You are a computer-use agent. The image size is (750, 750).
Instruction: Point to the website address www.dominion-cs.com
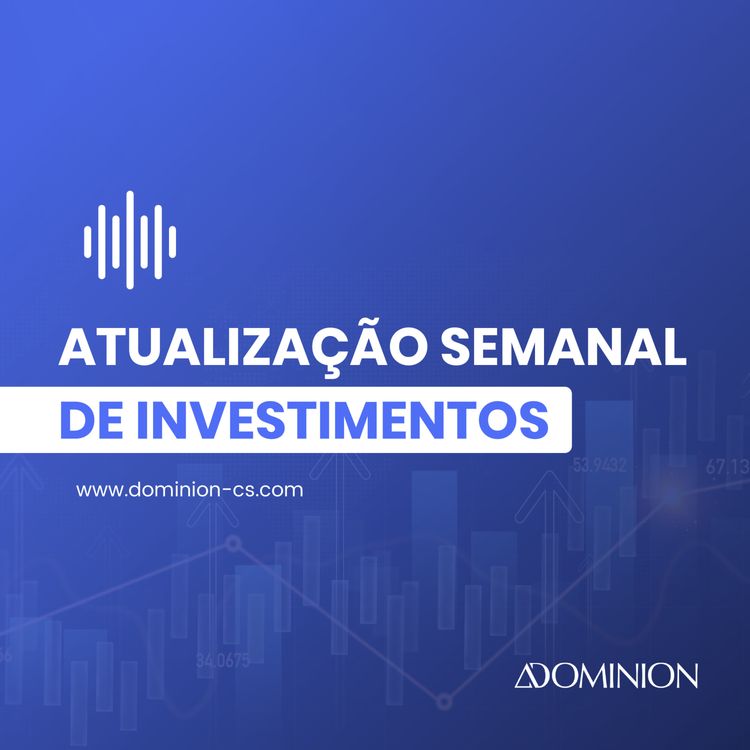(x=189, y=491)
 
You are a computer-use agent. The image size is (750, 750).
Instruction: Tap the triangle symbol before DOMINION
(x=526, y=677)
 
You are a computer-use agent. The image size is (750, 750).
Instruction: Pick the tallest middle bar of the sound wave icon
(x=130, y=240)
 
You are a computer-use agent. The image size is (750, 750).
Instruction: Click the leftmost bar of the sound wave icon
(x=87, y=240)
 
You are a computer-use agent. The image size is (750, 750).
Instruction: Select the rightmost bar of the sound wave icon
(x=173, y=240)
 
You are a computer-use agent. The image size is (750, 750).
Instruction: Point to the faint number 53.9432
(x=599, y=465)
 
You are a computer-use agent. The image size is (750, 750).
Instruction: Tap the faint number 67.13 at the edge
(x=727, y=466)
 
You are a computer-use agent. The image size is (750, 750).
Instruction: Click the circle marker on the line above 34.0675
(x=234, y=544)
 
